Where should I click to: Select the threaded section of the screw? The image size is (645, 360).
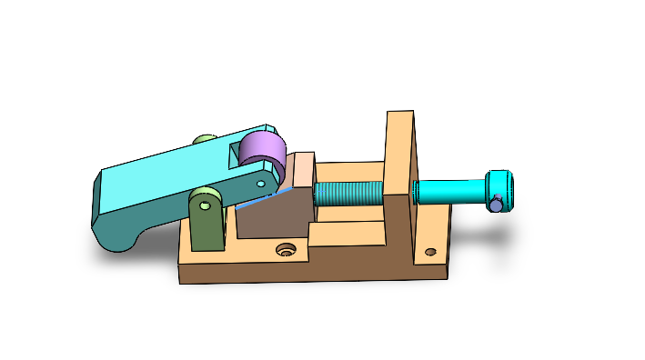349,194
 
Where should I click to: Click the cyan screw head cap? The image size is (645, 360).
501,185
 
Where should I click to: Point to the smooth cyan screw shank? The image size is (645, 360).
449,192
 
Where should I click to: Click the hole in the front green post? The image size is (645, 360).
206,205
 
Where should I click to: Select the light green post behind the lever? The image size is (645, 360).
206,140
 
